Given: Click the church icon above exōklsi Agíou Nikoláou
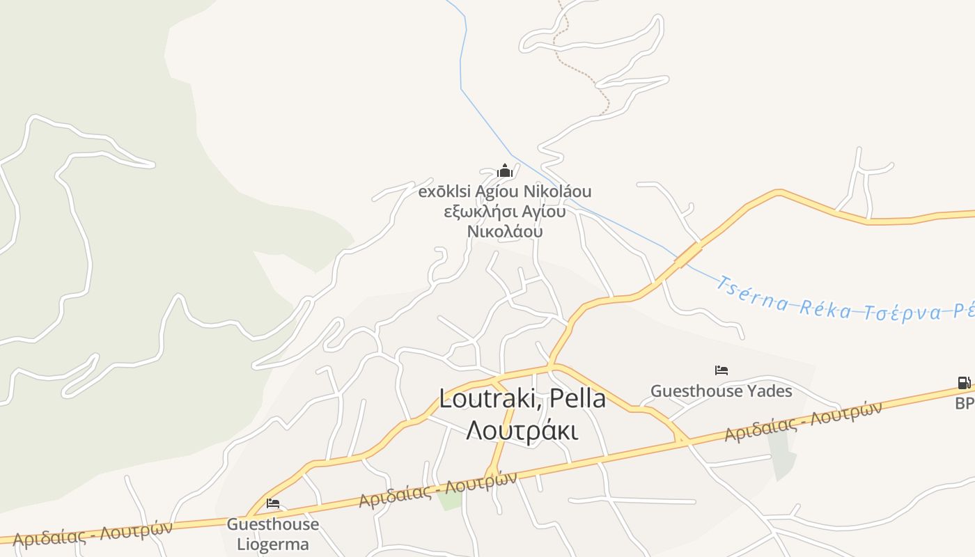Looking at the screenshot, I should (505, 171).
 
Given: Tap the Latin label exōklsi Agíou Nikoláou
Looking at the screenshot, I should (505, 191).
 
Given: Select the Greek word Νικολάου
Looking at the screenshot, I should (505, 231).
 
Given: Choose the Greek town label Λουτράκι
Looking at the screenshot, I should (522, 431).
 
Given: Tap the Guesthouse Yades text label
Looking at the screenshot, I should (721, 391).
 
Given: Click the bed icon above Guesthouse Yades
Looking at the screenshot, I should (721, 370).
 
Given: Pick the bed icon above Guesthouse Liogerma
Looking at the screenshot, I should (273, 503).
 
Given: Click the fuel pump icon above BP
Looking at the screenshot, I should (964, 382).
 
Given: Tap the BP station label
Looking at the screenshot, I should (965, 403).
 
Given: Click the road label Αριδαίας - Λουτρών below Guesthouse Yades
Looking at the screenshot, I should (802, 422).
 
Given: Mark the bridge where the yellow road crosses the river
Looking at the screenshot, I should (688, 255).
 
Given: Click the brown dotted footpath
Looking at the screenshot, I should (578, 70).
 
